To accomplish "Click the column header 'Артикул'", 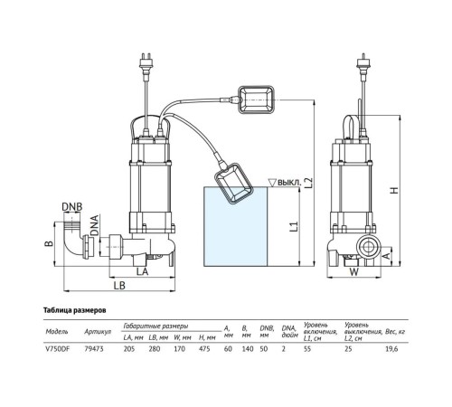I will point(95,332).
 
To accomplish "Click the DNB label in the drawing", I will point(72,206).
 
